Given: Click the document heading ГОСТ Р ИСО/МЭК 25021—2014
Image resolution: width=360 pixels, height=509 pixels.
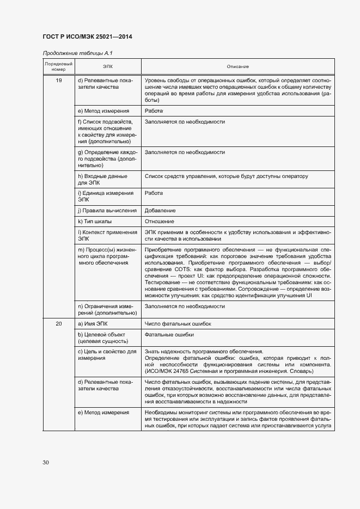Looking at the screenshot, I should click(x=87, y=37).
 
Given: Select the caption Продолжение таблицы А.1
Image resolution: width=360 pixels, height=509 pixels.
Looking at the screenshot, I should click(x=77, y=53).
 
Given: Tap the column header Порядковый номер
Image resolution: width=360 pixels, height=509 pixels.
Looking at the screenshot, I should click(x=58, y=66).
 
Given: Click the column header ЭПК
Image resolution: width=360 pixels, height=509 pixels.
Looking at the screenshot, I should click(x=107, y=66).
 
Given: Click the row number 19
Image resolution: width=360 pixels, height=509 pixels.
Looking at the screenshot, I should click(x=58, y=81).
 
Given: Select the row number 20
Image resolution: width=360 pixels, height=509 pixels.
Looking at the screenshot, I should click(x=58, y=324).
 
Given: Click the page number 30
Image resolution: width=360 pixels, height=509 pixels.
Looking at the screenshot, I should click(x=46, y=463).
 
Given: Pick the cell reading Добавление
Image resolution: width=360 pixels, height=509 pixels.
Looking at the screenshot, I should click(x=160, y=210).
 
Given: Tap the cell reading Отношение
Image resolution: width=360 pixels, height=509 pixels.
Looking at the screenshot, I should click(x=160, y=222).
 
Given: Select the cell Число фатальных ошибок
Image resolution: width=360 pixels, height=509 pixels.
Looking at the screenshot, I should click(x=178, y=324).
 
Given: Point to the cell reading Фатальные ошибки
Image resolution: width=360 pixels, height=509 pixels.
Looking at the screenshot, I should click(x=169, y=335).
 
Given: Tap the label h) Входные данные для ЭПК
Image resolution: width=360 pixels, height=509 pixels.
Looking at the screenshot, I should click(x=103, y=180).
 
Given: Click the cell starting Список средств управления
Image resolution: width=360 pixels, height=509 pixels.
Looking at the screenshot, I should click(x=226, y=176).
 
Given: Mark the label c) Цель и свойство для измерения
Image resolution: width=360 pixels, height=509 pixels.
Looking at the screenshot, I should click(x=107, y=355).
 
